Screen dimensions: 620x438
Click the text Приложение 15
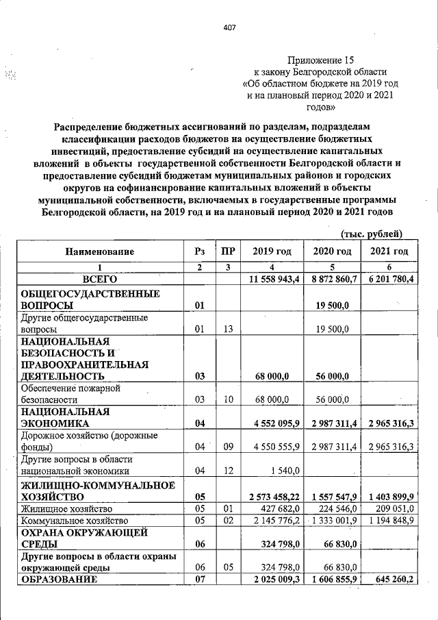click(x=321, y=60)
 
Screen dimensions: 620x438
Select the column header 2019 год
click(x=272, y=252)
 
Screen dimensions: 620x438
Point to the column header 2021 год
click(x=389, y=252)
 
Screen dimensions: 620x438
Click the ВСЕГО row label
click(x=100, y=280)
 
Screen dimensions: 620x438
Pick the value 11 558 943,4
click(x=272, y=280)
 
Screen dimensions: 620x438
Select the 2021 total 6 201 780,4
click(x=389, y=280)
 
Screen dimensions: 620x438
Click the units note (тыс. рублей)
click(x=370, y=234)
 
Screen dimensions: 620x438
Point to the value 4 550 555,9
click(x=272, y=447)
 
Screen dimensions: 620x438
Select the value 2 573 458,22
click(x=272, y=496)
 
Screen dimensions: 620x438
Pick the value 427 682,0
click(x=277, y=509)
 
